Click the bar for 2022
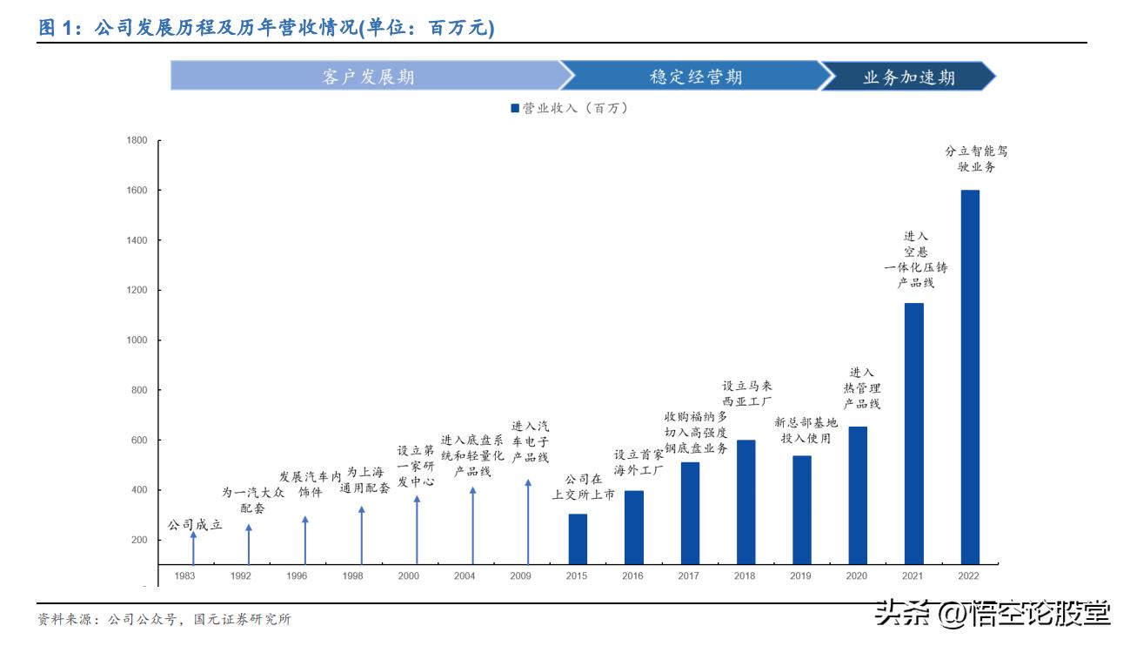[969, 376]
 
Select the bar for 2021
[913, 433]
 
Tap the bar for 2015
[578, 539]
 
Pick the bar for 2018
[746, 501]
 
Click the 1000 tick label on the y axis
[137, 340]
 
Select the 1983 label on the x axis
[185, 576]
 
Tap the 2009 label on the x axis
[521, 576]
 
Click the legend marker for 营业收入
[514, 109]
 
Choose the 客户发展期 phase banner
[365, 77]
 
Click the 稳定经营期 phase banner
[696, 77]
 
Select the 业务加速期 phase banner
[909, 77]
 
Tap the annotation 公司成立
[195, 525]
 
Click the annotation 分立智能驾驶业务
[976, 158]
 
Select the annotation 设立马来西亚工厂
[747, 394]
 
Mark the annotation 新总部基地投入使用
[806, 430]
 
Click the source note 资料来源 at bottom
[164, 620]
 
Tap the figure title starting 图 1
[266, 29]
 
